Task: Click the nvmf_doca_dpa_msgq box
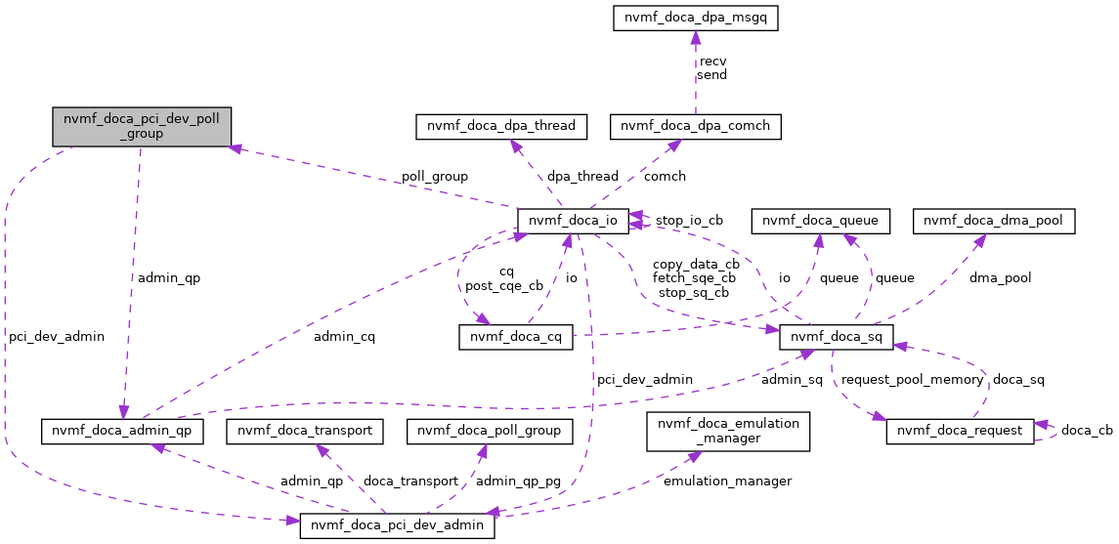[x=695, y=18]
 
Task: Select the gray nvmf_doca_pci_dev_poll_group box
[x=142, y=127]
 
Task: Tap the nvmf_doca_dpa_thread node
[x=501, y=126]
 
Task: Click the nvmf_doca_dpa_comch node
[x=695, y=126]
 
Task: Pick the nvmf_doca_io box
[x=572, y=221]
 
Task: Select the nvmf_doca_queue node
[x=821, y=221]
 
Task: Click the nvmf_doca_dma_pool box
[x=994, y=221]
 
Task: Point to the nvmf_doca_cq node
[x=516, y=337]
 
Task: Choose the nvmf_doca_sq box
[x=836, y=337]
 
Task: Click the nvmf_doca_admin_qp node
[x=122, y=431]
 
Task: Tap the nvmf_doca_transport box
[x=304, y=431]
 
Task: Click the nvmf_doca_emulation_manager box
[x=728, y=431]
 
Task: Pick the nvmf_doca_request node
[x=959, y=431]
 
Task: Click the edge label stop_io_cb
[x=689, y=221]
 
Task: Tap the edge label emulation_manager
[x=727, y=481]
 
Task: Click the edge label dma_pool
[x=1000, y=278]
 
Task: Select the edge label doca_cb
[x=1087, y=431]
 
